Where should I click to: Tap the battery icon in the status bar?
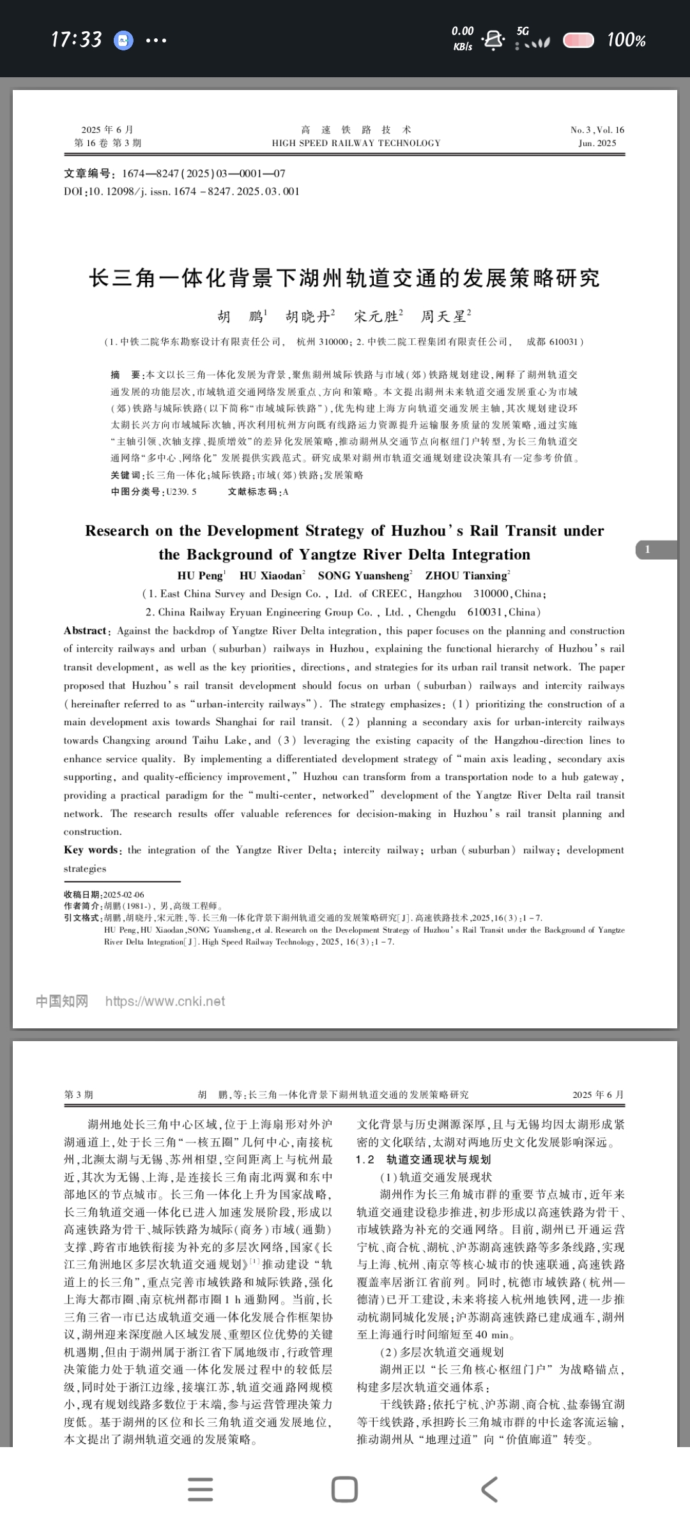click(578, 40)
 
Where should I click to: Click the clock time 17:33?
click(76, 40)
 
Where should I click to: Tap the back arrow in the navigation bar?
click(489, 1489)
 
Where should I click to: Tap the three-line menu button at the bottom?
click(201, 1489)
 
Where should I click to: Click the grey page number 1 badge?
click(648, 549)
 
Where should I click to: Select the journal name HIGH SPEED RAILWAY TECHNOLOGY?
click(356, 143)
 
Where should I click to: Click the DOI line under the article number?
click(181, 191)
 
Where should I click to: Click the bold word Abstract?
click(86, 631)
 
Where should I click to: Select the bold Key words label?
click(91, 850)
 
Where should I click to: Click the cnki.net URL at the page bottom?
click(165, 1001)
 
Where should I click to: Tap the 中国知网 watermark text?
click(61, 1001)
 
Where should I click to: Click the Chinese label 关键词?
click(126, 475)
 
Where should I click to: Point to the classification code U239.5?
click(181, 492)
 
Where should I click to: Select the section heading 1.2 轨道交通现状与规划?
click(423, 1159)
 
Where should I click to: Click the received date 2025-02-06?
click(124, 894)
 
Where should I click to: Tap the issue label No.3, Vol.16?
click(597, 130)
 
